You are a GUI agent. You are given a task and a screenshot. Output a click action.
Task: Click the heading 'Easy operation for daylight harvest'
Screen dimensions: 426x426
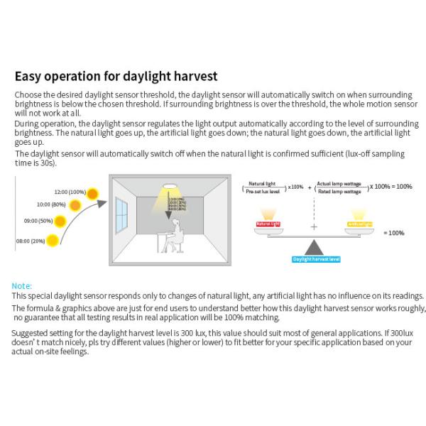[116, 76]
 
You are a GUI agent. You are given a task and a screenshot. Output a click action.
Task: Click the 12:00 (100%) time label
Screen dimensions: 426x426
[70, 192]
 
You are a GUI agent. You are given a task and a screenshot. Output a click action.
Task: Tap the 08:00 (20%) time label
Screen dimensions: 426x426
[31, 241]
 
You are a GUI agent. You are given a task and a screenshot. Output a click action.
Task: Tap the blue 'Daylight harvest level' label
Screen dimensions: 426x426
[316, 259]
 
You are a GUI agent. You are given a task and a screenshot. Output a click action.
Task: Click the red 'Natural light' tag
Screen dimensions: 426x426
[268, 224]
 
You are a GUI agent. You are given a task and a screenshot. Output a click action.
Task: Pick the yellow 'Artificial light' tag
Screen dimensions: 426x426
[360, 224]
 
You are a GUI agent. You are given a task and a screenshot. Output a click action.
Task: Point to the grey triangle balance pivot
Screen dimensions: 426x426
[315, 246]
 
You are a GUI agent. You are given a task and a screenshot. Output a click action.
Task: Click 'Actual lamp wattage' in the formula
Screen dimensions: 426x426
[341, 183]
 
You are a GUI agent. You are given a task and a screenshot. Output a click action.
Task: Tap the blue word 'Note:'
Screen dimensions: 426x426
[22, 285]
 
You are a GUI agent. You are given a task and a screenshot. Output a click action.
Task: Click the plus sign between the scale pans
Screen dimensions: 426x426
[314, 227]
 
